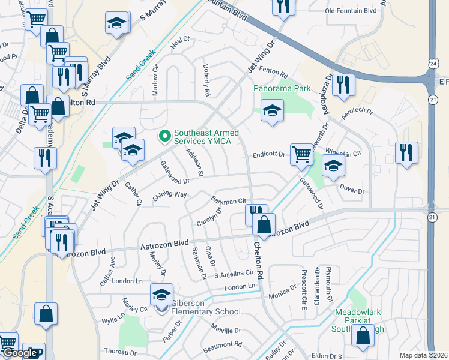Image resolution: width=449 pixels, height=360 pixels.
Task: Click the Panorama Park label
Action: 282,88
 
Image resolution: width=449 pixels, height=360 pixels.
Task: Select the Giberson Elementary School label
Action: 205,307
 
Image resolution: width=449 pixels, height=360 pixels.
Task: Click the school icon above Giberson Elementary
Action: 161,295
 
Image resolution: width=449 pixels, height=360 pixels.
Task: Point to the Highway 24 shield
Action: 433,63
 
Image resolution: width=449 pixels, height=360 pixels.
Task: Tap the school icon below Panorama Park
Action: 272,110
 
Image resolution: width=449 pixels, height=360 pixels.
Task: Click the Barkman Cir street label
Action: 229,200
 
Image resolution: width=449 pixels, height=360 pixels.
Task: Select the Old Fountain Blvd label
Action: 351,11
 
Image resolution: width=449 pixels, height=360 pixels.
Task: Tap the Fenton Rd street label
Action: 276,73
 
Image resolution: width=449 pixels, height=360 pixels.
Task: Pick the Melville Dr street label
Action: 226,330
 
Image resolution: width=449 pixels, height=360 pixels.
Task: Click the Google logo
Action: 20,353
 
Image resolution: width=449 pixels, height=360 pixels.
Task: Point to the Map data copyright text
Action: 424,355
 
